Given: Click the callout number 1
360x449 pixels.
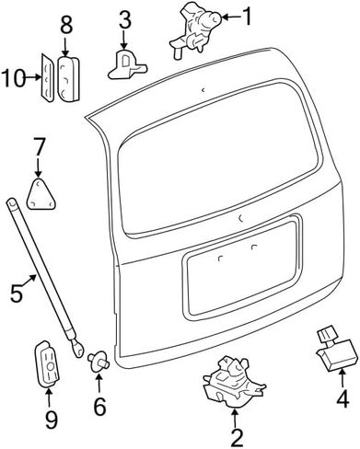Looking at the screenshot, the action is tap(246, 17).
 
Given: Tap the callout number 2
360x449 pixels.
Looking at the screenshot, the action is tap(237, 436).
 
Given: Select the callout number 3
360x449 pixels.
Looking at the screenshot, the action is tap(124, 19).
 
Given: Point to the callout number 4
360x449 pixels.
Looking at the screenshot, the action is tap(343, 398).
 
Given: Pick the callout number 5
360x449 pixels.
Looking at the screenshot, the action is tap(16, 294).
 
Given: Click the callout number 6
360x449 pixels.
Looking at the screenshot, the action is tap(99, 406).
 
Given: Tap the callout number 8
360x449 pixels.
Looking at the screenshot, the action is tap(66, 24).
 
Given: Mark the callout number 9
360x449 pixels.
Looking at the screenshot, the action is tap(51, 420).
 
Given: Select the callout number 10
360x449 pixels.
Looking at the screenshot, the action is tap(13, 78).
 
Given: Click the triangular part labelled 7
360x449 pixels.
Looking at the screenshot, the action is tap(41, 194).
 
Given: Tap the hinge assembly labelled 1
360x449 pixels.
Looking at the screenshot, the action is tap(196, 29).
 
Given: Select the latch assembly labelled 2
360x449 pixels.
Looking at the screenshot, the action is tap(234, 382).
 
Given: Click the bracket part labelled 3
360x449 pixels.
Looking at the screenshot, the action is tap(126, 65).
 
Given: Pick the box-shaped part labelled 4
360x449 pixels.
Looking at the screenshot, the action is tap(336, 350).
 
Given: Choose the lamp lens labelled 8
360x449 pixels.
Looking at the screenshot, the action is tap(68, 78).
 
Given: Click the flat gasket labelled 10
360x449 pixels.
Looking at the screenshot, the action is tap(48, 78).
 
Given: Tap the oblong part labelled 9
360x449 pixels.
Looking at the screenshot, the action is tap(46, 363).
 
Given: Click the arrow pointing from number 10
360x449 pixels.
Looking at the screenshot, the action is tap(33, 77).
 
